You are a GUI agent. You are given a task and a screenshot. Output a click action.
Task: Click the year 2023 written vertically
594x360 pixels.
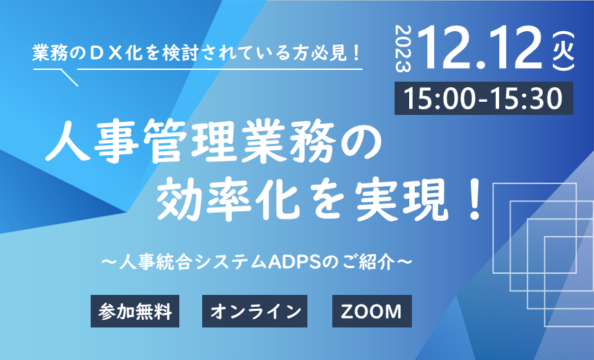(x=403, y=49)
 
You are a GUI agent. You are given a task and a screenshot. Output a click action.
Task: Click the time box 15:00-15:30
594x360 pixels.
(x=484, y=98)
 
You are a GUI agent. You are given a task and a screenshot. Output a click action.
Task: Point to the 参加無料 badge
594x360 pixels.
(x=135, y=311)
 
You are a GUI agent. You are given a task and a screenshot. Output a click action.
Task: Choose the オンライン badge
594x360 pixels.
(x=255, y=311)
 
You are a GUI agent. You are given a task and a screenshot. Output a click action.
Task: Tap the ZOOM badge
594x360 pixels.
(x=372, y=311)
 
